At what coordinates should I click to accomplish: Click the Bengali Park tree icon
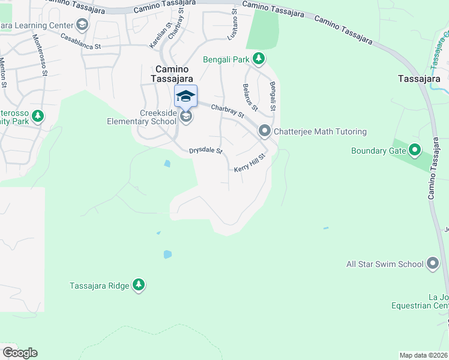click(259, 58)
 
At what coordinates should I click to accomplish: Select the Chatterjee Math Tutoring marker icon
click(265, 131)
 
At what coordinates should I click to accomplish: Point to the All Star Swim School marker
click(433, 263)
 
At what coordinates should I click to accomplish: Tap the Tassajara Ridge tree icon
click(139, 285)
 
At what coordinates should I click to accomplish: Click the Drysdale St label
click(206, 151)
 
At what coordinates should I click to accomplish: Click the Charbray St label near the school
click(228, 110)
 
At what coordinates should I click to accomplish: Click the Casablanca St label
click(80, 41)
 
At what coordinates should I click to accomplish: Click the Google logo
click(19, 353)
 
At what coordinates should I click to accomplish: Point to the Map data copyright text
click(423, 355)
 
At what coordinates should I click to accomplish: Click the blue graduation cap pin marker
click(186, 96)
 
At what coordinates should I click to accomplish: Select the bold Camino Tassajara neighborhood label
click(172, 74)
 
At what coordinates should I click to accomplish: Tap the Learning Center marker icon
click(82, 25)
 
